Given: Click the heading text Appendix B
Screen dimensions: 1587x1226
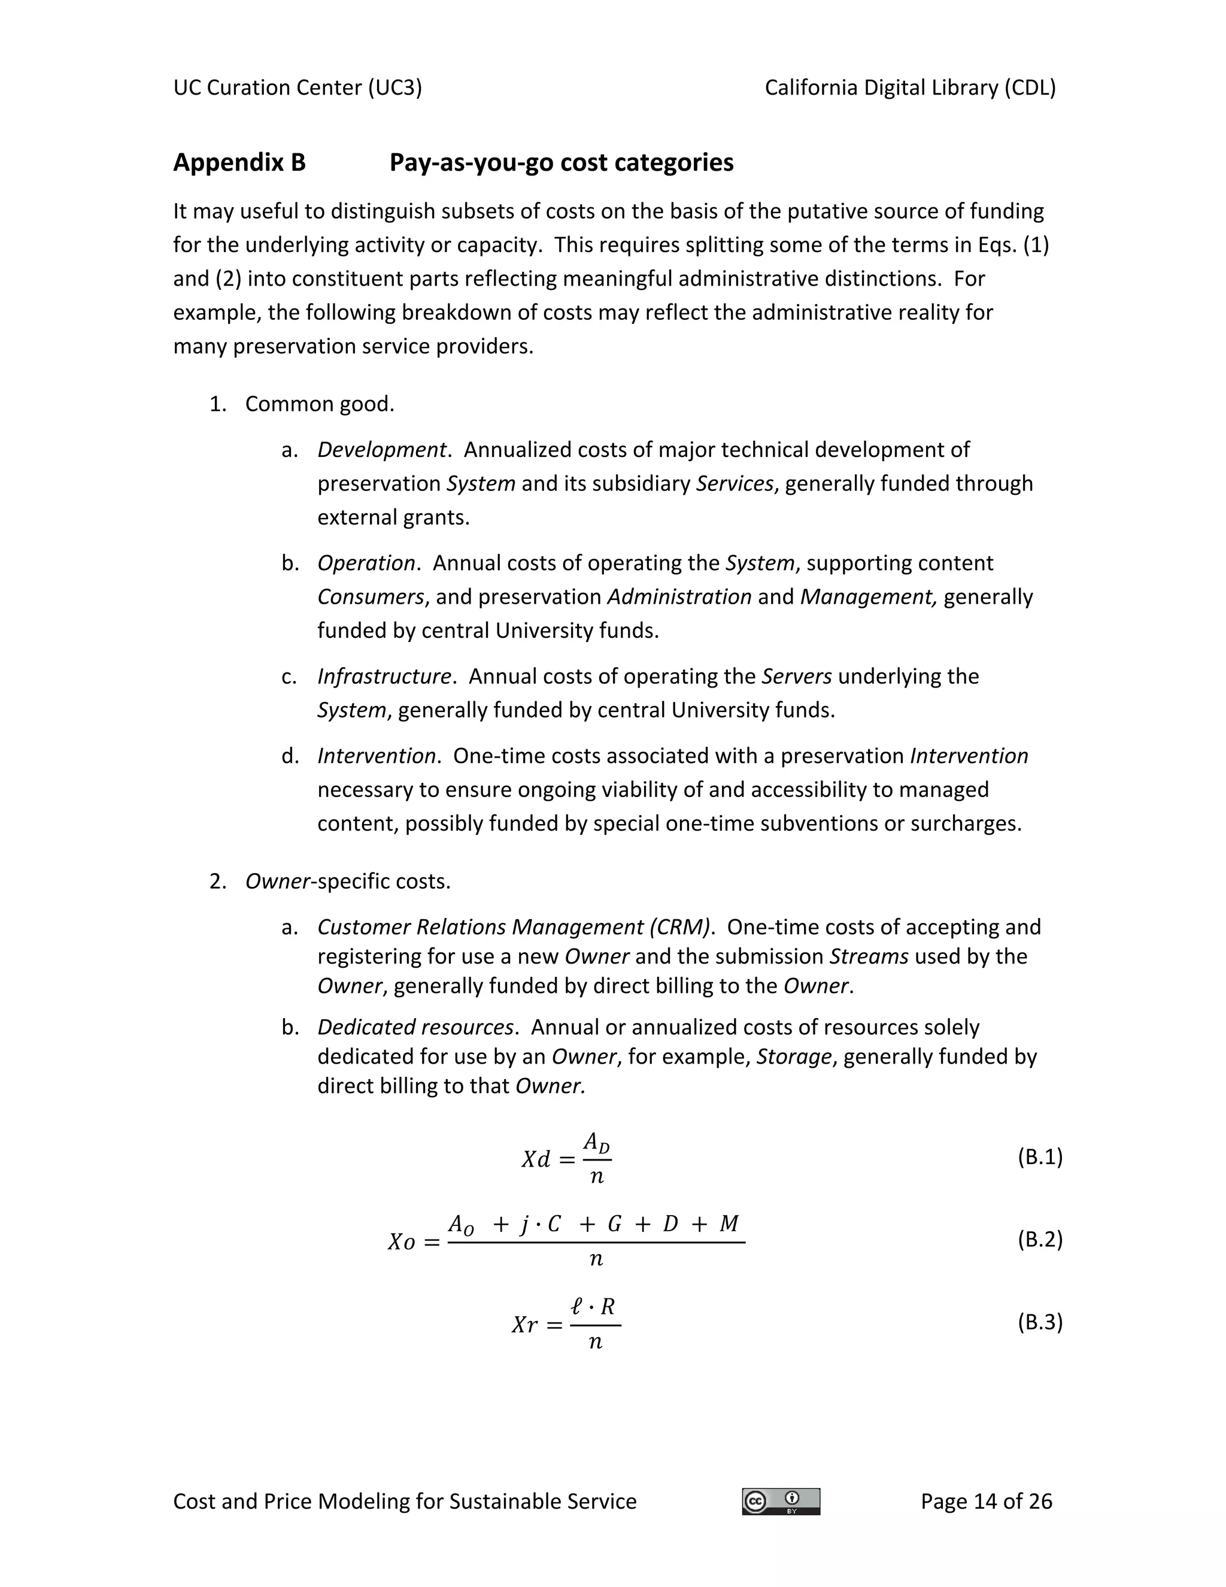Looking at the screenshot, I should [x=239, y=162].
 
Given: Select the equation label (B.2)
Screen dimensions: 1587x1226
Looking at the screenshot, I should [x=1039, y=1239].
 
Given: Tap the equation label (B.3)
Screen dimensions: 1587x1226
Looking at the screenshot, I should [x=1039, y=1322].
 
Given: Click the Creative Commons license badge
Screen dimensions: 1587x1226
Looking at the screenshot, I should [x=781, y=1501].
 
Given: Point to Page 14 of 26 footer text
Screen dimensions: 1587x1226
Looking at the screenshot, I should [x=985, y=1501].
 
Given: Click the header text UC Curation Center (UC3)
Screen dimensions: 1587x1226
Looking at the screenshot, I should [x=297, y=88].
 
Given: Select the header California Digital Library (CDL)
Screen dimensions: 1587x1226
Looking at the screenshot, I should [x=910, y=88].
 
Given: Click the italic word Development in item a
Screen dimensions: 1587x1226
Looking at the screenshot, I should [x=381, y=450].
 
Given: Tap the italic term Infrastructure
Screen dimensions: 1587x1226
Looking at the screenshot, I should [x=384, y=677].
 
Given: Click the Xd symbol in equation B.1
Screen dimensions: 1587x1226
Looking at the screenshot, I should [x=536, y=1159].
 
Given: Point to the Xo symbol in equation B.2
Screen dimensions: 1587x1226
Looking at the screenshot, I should [x=402, y=1242].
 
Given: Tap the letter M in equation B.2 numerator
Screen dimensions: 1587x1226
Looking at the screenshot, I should [x=729, y=1225].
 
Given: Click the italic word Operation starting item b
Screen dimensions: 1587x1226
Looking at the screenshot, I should [x=366, y=563].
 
